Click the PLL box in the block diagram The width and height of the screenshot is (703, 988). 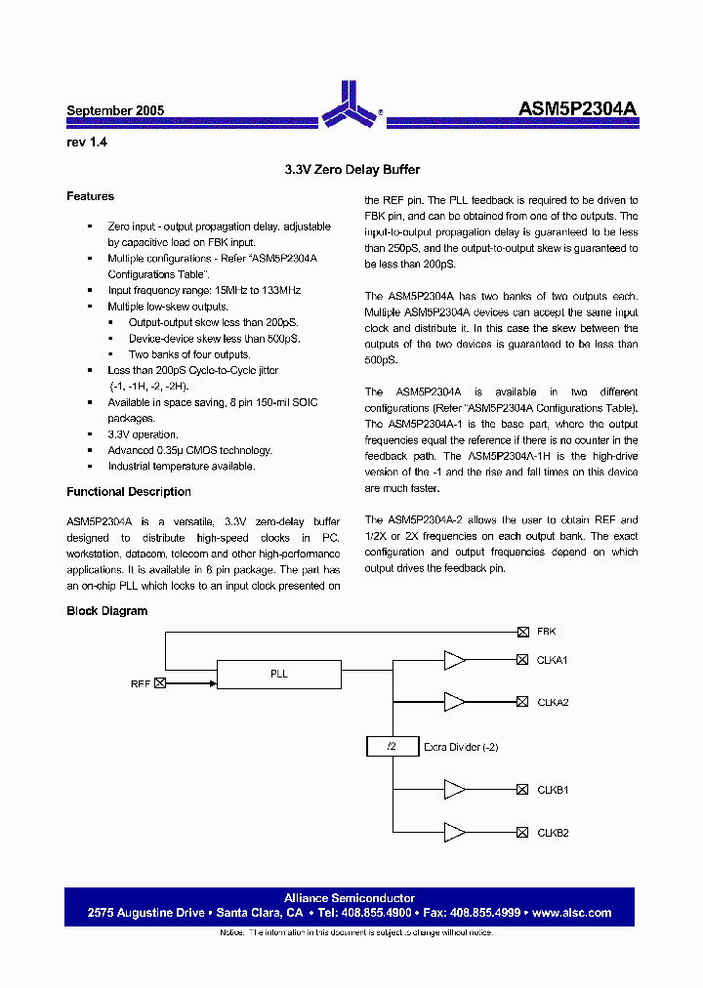(278, 675)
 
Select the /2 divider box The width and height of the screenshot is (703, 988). (391, 747)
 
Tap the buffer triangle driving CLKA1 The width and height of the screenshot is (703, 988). (454, 660)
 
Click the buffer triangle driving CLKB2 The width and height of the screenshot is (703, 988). (454, 833)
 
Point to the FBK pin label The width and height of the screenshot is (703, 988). (546, 632)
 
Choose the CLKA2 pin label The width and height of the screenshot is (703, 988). (552, 703)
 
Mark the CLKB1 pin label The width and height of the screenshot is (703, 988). (552, 790)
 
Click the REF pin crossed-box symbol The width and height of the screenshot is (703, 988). (160, 683)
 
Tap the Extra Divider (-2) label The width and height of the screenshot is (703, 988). (461, 747)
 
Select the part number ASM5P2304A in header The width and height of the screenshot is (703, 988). (577, 110)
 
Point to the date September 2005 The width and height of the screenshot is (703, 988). (115, 111)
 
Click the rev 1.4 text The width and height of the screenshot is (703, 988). (87, 143)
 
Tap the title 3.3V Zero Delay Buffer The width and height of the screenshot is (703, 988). (351, 170)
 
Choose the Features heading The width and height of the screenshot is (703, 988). (90, 196)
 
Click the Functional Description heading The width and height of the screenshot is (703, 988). (128, 492)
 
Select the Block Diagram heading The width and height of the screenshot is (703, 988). (106, 611)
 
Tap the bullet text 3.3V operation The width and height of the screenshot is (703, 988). (143, 434)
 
